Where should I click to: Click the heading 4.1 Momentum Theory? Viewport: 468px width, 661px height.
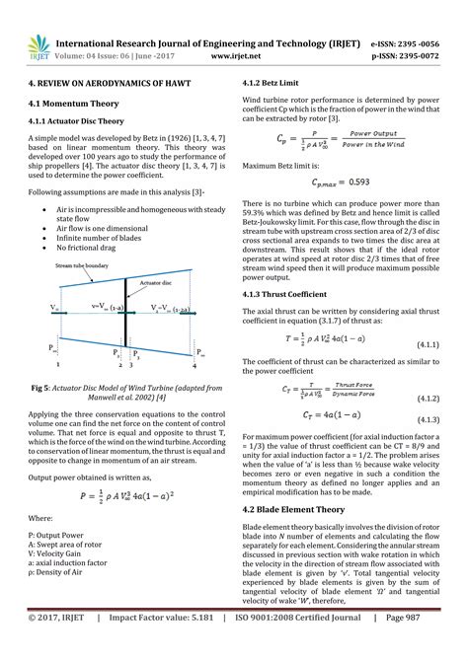[x=73, y=102]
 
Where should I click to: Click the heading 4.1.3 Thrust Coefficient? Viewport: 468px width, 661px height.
[x=291, y=295]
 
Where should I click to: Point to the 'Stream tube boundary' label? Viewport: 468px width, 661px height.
[x=82, y=266]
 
